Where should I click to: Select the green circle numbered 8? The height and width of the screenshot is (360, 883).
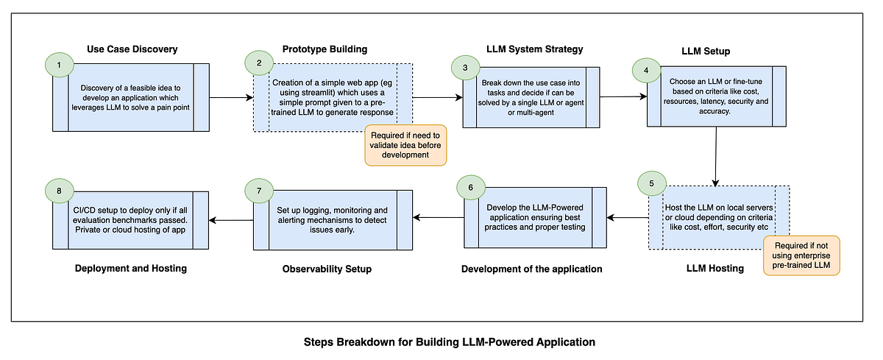pos(59,191)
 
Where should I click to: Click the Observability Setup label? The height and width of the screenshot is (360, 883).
pos(327,269)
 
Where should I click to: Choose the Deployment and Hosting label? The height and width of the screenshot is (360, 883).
pos(131,268)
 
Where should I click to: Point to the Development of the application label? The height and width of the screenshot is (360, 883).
pos(531,269)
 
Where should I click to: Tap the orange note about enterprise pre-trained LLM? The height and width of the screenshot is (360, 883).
pos(801,255)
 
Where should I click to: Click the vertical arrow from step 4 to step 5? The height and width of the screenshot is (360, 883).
pos(716,155)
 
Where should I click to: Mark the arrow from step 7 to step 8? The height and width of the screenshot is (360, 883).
pos(230,219)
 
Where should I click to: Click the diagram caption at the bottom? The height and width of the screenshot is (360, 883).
pos(449,342)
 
